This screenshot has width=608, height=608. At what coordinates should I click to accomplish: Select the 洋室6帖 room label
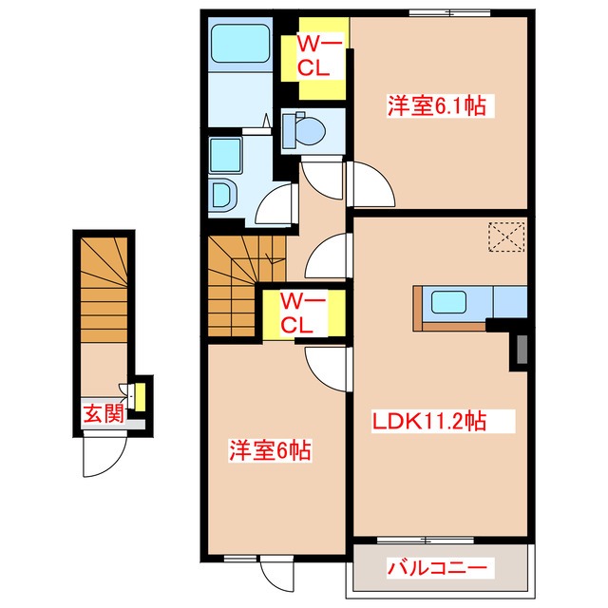pos(271,449)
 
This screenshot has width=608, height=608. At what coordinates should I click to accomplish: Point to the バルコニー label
pos(440,569)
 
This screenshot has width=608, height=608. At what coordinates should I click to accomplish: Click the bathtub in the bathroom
pos(240,44)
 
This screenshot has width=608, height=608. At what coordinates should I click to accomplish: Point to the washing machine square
pos(226,153)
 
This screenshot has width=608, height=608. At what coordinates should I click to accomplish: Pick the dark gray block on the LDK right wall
pos(521,351)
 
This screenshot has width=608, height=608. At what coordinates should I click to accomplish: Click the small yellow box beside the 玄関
pos(139,391)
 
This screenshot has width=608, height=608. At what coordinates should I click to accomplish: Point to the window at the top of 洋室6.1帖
pos(438,12)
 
